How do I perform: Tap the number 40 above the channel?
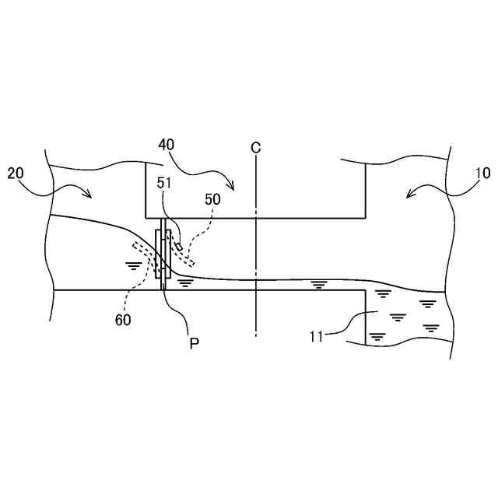pyautogui.click(x=167, y=145)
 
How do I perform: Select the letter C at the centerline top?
pyautogui.click(x=255, y=147)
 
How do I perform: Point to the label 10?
pyautogui.click(x=482, y=174)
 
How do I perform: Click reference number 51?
pyautogui.click(x=166, y=183)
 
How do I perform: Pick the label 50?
pyautogui.click(x=212, y=198)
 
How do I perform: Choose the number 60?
pyautogui.click(x=122, y=319)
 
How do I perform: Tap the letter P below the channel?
pyautogui.click(x=194, y=344)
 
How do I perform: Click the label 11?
pyautogui.click(x=315, y=336)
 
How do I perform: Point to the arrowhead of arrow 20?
pyautogui.click(x=91, y=197)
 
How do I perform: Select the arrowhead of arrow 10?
pyautogui.click(x=408, y=195)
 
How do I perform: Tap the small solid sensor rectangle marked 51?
pyautogui.click(x=179, y=247)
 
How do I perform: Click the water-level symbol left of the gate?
pyautogui.click(x=135, y=265)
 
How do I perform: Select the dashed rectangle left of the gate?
pyautogui.click(x=145, y=251)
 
